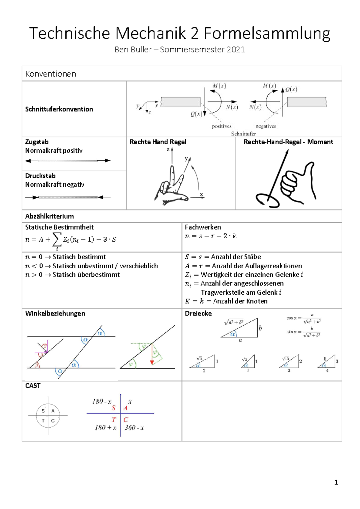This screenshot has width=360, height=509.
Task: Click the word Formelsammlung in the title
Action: click(267, 34)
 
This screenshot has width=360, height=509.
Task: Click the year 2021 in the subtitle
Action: click(236, 50)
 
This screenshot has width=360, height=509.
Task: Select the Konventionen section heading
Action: click(51, 74)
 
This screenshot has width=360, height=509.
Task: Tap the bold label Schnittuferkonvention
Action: click(59, 109)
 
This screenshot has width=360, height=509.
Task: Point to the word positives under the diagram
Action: click(222, 126)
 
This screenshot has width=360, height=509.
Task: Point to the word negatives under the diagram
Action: click(265, 126)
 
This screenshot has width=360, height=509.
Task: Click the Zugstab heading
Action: click(37, 142)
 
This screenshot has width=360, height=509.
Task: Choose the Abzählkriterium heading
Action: click(49, 216)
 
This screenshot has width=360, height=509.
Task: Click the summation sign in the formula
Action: click(57, 239)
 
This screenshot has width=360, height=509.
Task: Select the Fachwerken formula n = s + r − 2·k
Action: click(211, 236)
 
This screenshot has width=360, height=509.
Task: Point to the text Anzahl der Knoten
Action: click(240, 301)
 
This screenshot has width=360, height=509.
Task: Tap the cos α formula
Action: click(304, 318)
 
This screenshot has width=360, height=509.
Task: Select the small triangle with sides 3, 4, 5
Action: click(327, 362)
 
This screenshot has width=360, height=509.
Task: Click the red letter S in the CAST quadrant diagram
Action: click(113, 408)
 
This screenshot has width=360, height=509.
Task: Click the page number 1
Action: click(336, 482)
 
